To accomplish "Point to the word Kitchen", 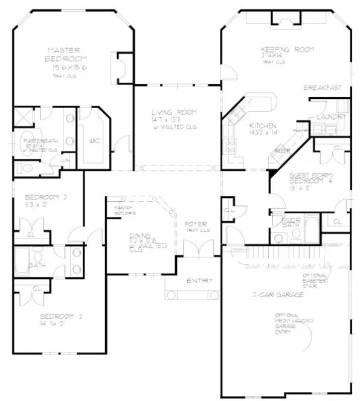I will (263, 125).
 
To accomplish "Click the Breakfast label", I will (322, 88).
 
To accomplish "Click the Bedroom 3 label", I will (61, 316).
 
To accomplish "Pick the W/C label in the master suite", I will (95, 141).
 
